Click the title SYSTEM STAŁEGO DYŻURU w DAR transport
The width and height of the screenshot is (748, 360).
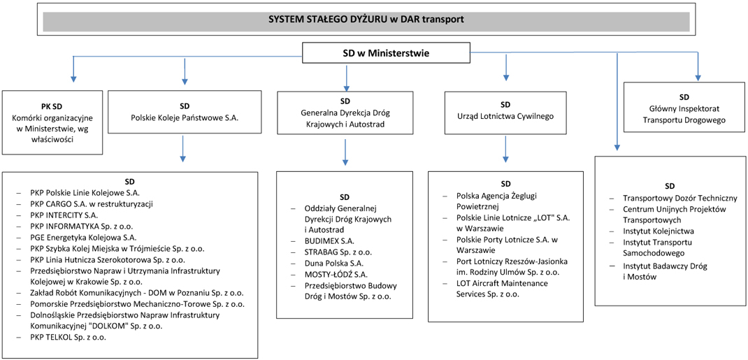pyautogui.click(x=366, y=20)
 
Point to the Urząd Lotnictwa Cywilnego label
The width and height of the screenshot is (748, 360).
pyautogui.click(x=505, y=116)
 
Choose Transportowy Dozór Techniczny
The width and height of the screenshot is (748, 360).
pyautogui.click(x=681, y=199)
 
